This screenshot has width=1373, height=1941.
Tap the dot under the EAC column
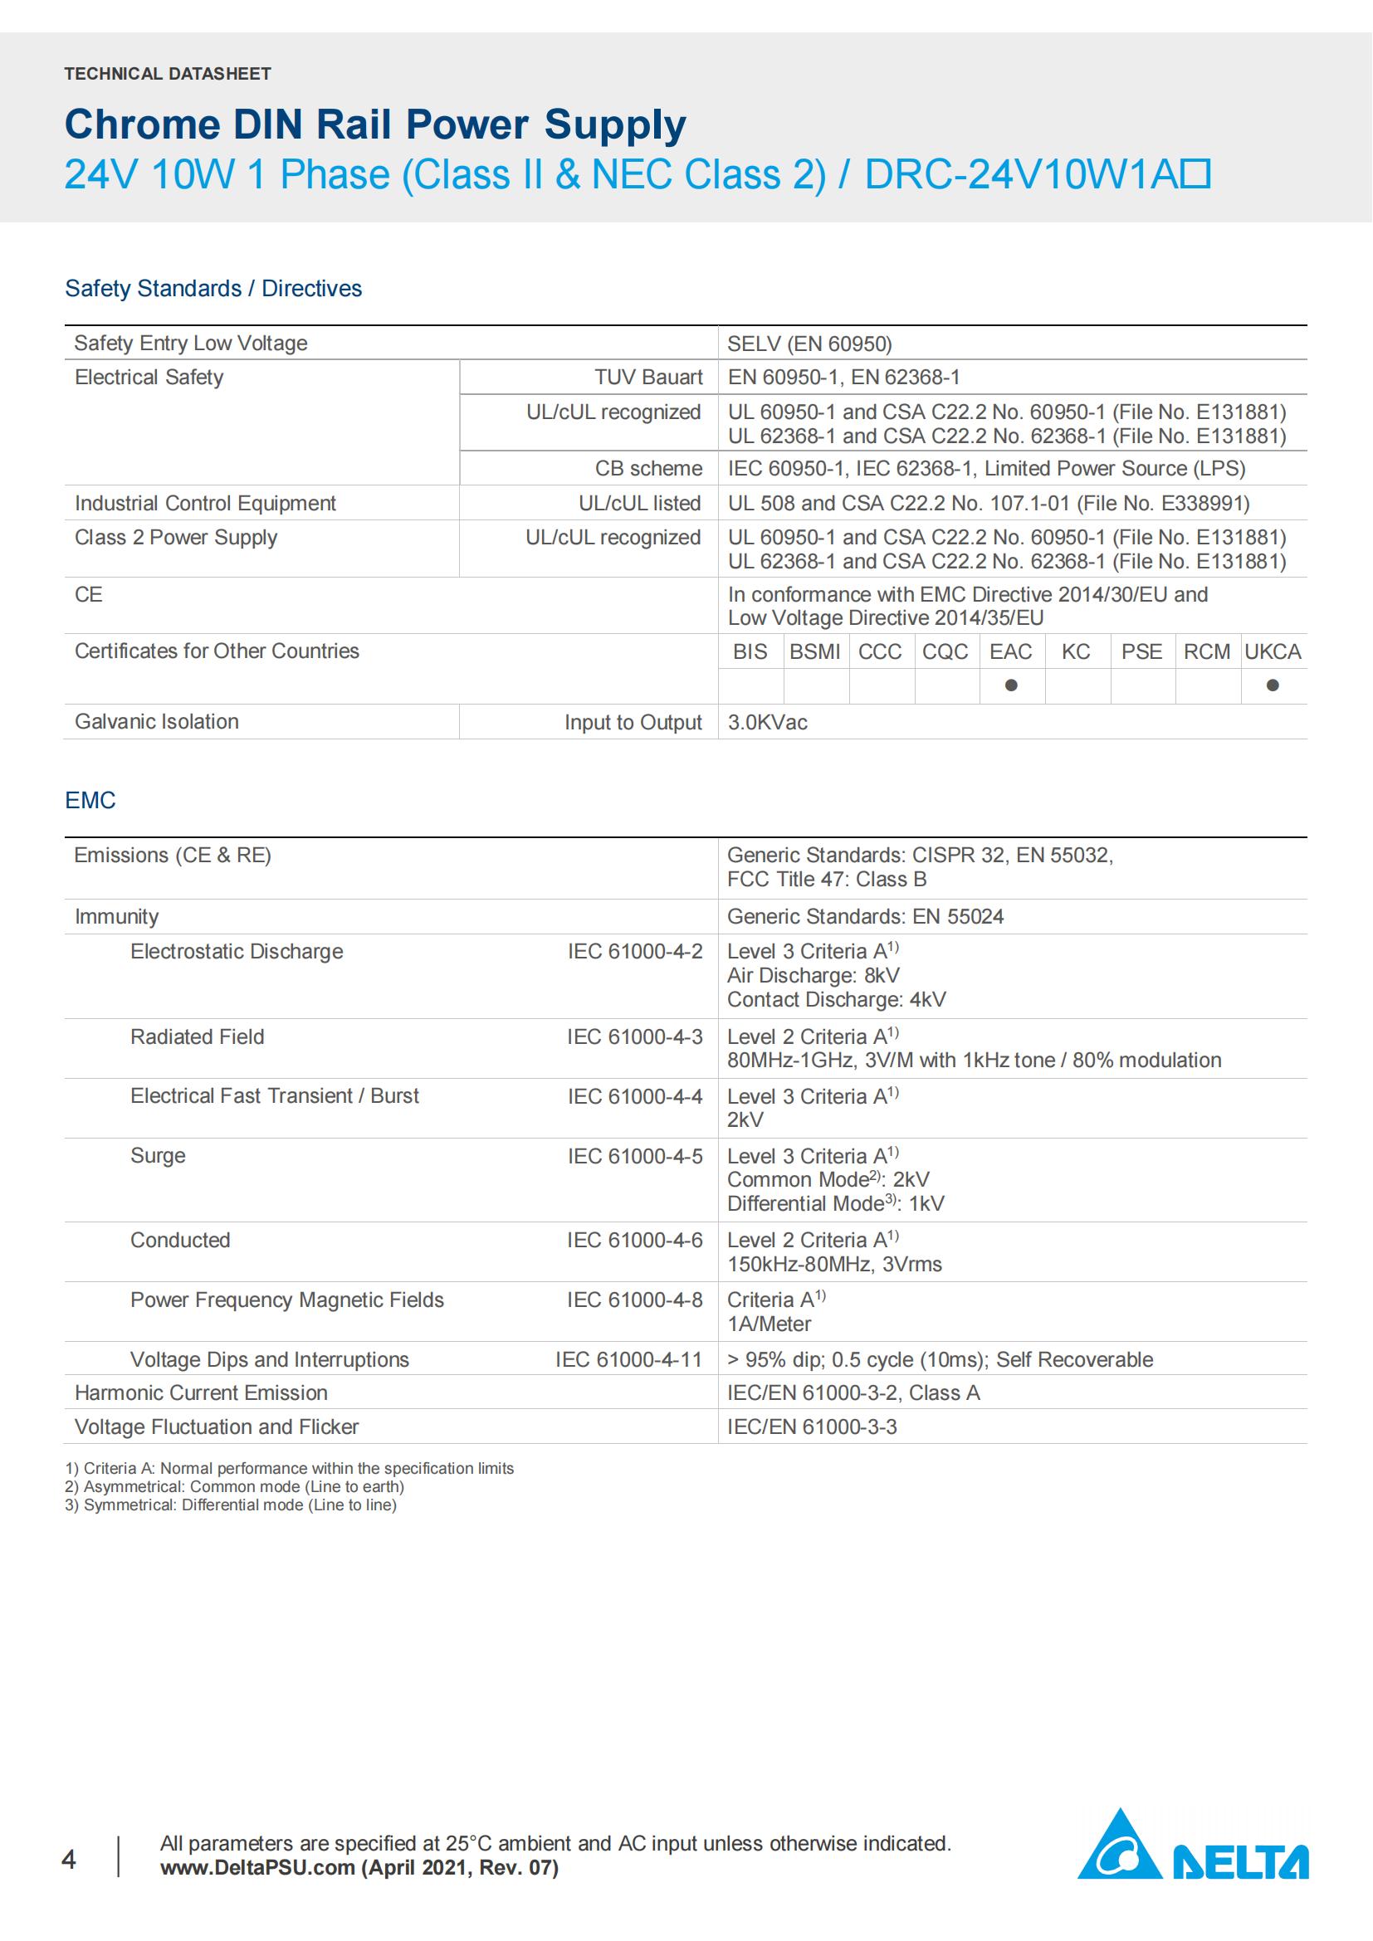1011,685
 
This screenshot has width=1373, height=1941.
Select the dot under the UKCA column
1273,685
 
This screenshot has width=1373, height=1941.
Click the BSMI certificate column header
815,651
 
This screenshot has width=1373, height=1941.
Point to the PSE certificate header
1141,651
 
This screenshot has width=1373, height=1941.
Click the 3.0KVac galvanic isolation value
768,723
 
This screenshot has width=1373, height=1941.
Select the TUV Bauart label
648,377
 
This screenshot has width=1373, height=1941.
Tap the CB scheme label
648,468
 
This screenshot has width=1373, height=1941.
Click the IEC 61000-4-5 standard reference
635,1157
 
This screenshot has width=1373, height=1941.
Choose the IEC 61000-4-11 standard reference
629,1359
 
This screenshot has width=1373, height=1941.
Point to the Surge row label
158,1156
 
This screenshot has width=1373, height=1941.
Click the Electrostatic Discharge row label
237,951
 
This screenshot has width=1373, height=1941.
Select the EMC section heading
90,800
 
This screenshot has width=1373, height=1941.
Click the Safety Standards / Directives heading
213,288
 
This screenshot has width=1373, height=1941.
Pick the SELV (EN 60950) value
809,344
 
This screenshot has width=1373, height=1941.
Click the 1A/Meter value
770,1324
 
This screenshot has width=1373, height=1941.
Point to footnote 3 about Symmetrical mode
231,1505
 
